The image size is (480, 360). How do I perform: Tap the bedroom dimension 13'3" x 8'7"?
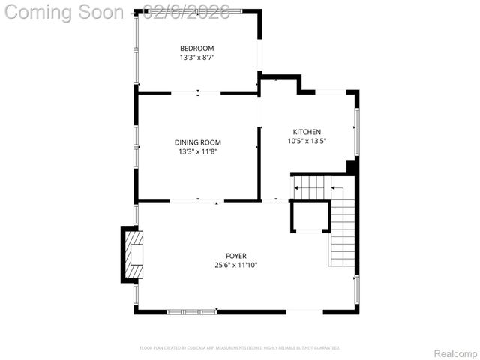[x=197, y=58]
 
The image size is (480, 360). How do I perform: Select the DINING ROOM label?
[x=197, y=142]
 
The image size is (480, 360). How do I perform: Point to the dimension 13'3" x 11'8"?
[x=197, y=151]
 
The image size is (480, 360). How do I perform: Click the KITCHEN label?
[x=307, y=132]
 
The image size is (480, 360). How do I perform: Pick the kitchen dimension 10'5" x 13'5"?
[x=307, y=141]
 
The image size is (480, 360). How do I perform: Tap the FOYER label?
[x=236, y=256]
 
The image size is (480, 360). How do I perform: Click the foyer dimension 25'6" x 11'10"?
[x=236, y=265]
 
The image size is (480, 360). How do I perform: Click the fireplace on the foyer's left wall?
[x=133, y=254]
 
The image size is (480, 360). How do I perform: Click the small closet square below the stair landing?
[x=310, y=217]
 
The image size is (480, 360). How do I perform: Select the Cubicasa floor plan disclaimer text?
[x=240, y=348]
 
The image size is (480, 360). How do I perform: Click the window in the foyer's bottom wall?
[x=191, y=311]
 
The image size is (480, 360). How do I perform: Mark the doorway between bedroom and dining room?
[x=197, y=93]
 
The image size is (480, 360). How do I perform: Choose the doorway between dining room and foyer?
[x=197, y=201]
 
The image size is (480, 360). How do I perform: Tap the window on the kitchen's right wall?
[x=357, y=131]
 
